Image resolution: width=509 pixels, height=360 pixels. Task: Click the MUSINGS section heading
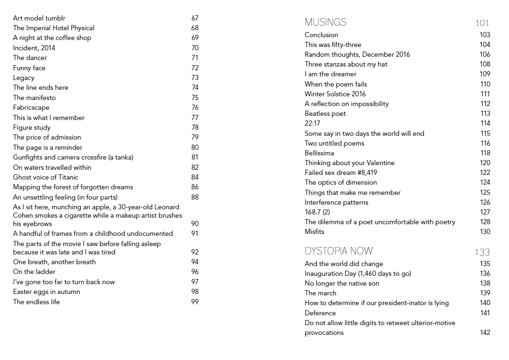[x=325, y=22]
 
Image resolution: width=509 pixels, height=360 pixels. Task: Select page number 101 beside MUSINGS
[x=482, y=23]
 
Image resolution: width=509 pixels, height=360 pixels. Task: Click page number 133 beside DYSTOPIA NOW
[x=482, y=252]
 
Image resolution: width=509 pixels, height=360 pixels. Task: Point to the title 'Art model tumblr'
[x=39, y=18]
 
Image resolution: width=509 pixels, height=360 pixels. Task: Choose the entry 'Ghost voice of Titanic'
[x=46, y=177]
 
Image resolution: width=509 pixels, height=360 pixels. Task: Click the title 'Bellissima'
[x=319, y=153]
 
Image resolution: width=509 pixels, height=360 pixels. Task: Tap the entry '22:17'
[x=312, y=123]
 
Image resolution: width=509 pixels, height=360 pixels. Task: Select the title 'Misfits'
[x=315, y=232]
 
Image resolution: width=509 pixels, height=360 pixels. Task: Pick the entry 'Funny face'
[x=29, y=68]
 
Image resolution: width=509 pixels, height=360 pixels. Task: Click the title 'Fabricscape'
[x=31, y=107]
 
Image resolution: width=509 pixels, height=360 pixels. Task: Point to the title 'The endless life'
[x=36, y=302]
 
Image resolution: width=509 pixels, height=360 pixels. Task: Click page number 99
[x=195, y=302]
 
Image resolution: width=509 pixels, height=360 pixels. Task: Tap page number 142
[x=485, y=333]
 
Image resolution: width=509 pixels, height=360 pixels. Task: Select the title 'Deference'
[x=320, y=313]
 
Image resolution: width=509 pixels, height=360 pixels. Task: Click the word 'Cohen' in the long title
[x=22, y=215]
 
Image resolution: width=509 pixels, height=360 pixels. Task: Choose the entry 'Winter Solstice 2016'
[x=335, y=94]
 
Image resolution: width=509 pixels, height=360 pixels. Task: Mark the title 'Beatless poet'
[x=325, y=113]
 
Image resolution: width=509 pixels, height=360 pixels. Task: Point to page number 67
[x=195, y=18]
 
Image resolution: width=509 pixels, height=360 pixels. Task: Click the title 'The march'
[x=320, y=293]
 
